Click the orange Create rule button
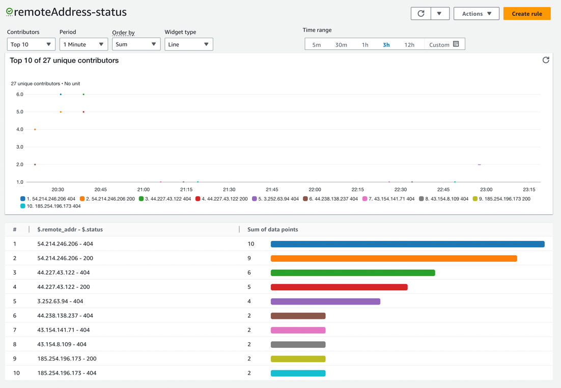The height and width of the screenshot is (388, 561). (526, 14)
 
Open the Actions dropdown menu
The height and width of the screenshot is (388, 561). (476, 14)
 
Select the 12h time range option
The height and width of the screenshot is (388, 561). (409, 45)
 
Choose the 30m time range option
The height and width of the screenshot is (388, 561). (341, 45)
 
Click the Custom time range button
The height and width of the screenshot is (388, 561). (444, 45)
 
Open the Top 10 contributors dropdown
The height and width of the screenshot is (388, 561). (31, 44)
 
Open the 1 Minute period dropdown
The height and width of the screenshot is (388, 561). (83, 44)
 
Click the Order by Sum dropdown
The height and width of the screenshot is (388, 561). (136, 44)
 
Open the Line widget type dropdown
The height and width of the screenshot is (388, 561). (188, 44)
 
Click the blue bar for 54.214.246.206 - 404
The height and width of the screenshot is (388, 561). (407, 244)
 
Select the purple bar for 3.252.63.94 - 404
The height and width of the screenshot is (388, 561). (325, 301)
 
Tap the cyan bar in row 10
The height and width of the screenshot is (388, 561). (298, 373)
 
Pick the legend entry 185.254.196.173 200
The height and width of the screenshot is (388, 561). (504, 199)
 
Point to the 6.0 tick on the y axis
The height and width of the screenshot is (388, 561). (20, 95)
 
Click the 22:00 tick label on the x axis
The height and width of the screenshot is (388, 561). (315, 189)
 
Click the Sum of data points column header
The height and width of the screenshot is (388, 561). (272, 230)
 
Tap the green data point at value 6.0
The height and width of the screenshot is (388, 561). (83, 94)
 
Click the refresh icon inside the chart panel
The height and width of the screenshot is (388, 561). (545, 60)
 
